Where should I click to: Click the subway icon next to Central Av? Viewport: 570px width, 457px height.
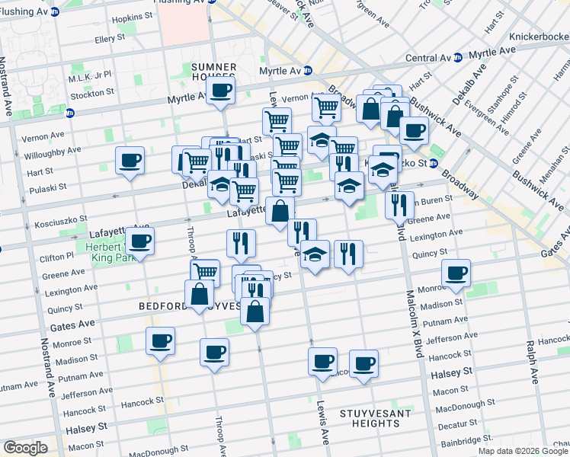457,58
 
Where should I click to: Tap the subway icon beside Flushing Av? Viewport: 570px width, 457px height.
54,12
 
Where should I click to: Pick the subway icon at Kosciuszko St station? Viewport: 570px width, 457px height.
432,163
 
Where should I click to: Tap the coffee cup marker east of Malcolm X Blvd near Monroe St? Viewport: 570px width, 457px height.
456,273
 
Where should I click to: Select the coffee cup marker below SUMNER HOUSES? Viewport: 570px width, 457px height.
220,90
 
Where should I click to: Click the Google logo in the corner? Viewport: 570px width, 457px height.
25,448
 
